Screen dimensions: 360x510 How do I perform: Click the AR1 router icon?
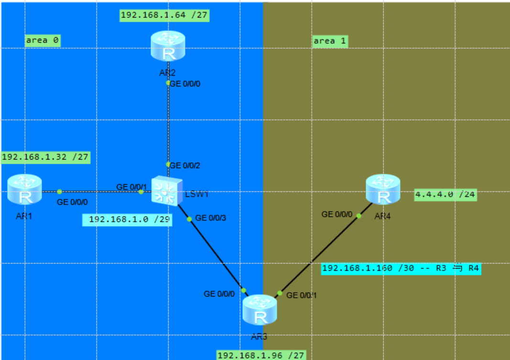pos(25,190)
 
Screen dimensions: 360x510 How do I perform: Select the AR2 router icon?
pos(168,46)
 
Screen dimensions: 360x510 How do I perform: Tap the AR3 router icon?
pos(260,311)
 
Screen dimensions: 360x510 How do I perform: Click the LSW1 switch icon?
pos(166,191)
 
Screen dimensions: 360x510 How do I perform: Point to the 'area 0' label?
pos(43,41)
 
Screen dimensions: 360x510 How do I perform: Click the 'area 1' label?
pos(329,41)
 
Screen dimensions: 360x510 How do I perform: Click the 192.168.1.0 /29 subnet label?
pos(127,220)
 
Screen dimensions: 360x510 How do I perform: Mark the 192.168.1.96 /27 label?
pos(261,355)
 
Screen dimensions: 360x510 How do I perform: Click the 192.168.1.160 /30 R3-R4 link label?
pos(401,268)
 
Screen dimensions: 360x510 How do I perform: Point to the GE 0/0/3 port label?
pos(211,218)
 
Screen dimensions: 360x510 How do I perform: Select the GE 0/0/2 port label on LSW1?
pos(185,165)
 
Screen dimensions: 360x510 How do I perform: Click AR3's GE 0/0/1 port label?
pos(301,295)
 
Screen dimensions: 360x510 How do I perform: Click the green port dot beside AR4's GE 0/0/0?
pos(359,216)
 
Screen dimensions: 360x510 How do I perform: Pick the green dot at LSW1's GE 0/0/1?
pos(141,192)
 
